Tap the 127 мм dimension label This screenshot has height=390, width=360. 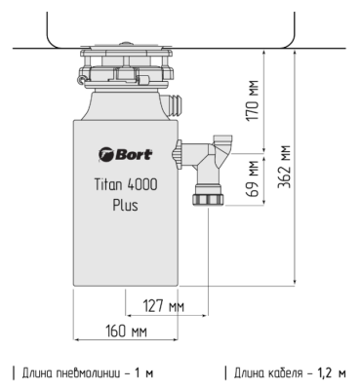point(165,304)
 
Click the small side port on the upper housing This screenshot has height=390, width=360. point(176,102)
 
